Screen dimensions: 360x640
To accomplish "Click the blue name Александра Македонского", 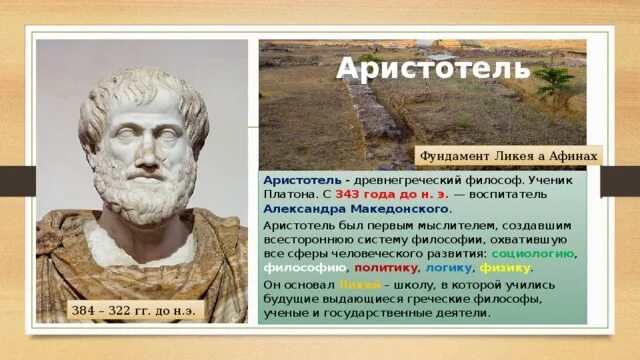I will click(x=355, y=210).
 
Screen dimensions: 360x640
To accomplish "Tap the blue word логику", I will click(x=447, y=268).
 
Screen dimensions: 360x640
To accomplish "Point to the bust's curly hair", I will click(x=140, y=85).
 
